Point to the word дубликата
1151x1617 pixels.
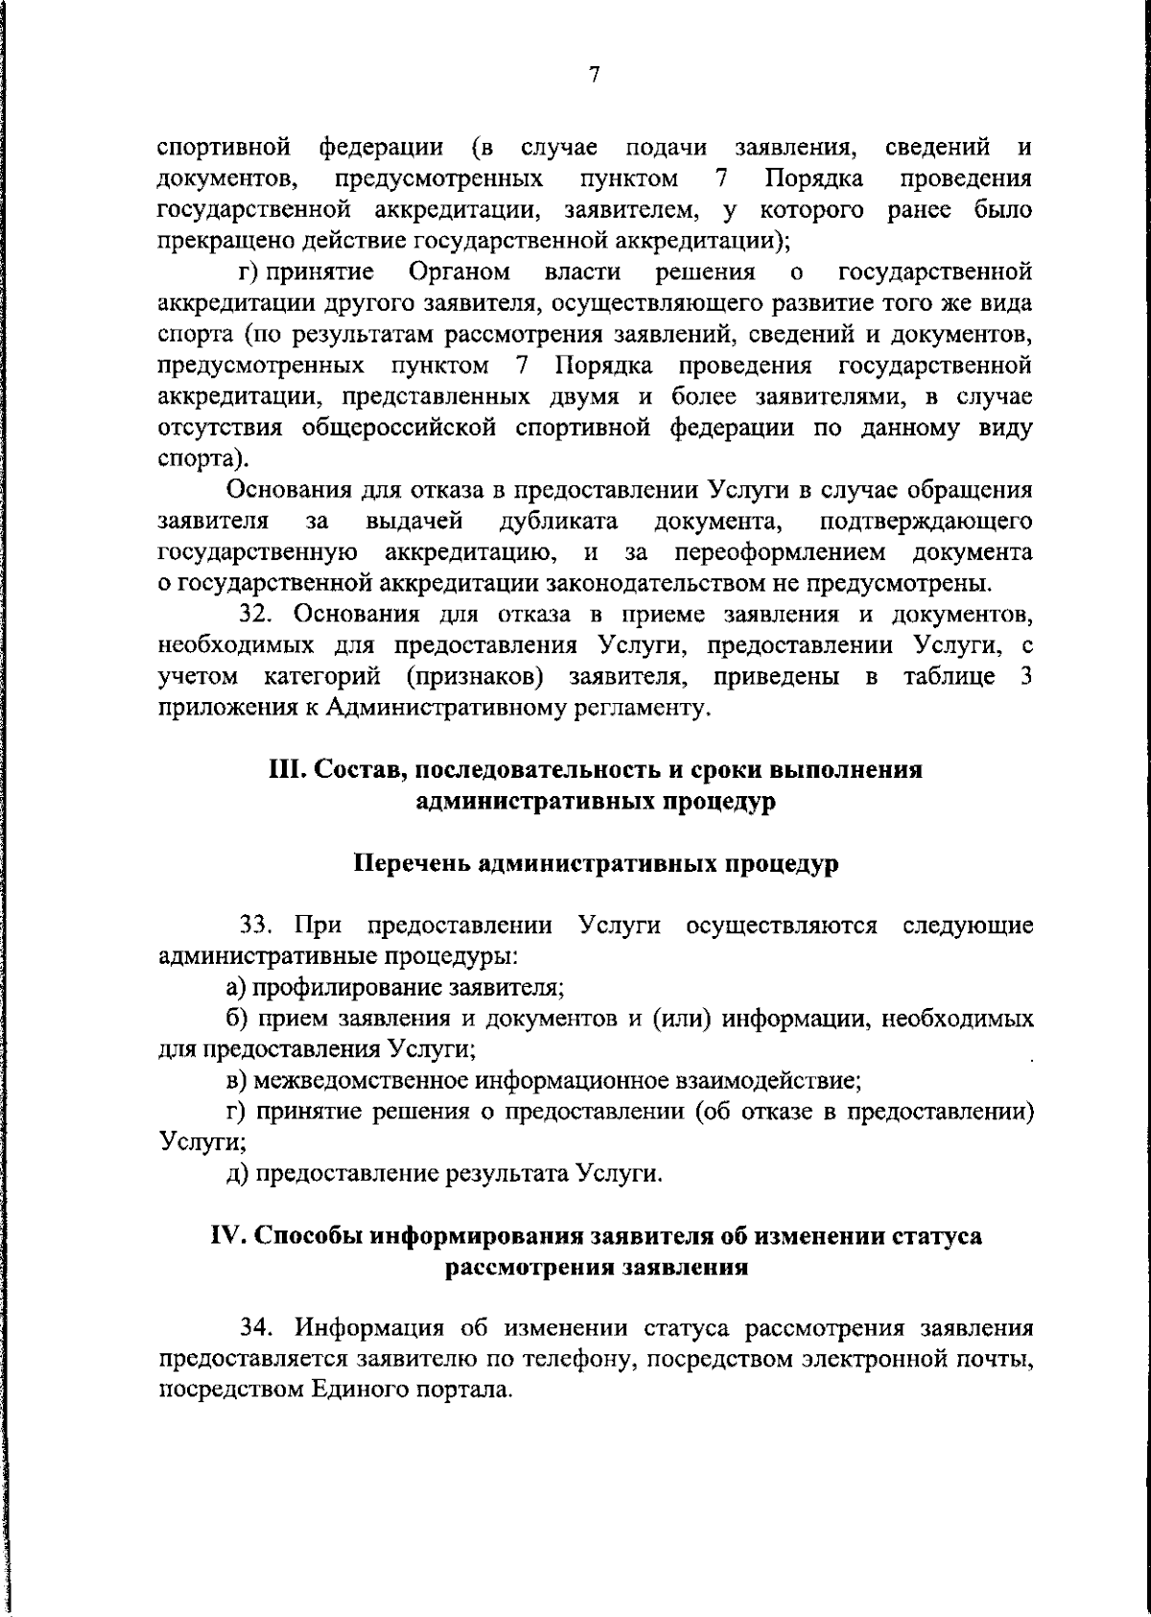click(558, 522)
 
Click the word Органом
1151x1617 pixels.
click(459, 272)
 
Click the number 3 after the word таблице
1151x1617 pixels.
click(1026, 677)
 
